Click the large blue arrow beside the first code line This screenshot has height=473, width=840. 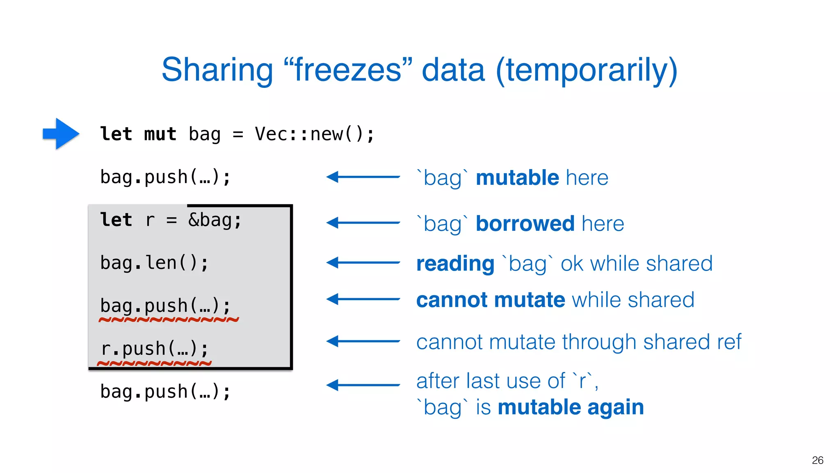[x=61, y=133]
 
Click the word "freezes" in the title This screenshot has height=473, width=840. [x=348, y=70]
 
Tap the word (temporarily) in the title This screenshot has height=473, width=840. [x=587, y=71]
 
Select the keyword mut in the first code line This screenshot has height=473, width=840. [x=160, y=134]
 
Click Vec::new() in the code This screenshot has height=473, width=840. [x=314, y=134]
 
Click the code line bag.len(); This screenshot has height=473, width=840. [x=154, y=263]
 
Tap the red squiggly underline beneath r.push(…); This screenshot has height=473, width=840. [x=154, y=363]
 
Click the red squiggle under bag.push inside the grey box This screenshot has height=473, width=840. [x=168, y=319]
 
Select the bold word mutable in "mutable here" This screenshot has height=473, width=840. [x=517, y=178]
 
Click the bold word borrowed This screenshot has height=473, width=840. [x=525, y=224]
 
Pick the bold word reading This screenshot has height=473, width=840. [x=455, y=264]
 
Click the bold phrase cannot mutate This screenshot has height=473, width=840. [x=491, y=300]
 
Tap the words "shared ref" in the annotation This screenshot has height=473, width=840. [x=692, y=342]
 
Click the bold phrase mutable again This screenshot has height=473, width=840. [x=571, y=407]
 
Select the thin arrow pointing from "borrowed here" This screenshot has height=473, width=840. [x=363, y=223]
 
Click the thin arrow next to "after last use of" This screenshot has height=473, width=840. [x=363, y=385]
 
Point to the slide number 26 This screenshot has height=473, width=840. [x=817, y=460]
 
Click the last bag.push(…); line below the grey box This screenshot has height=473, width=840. [x=165, y=392]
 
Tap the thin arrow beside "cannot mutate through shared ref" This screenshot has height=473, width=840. [x=363, y=341]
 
